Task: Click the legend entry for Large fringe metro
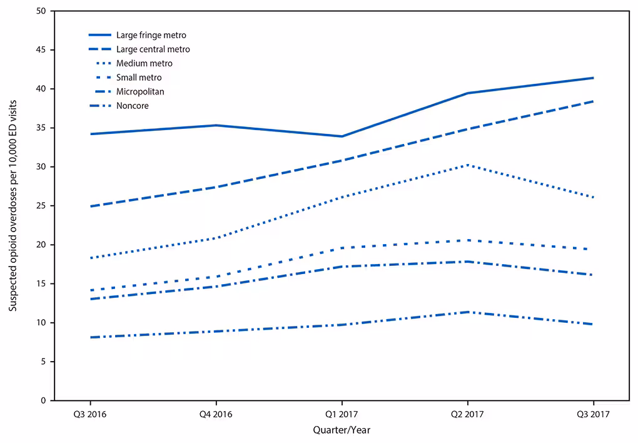click(x=151, y=35)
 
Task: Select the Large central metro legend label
click(x=153, y=49)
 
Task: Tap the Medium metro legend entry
click(x=144, y=63)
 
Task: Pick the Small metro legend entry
click(x=139, y=78)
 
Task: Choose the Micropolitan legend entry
click(x=140, y=91)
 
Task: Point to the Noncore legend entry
click(x=132, y=105)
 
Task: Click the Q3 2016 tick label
click(x=91, y=414)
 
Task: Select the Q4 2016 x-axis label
click(x=216, y=414)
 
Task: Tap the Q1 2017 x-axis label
click(x=342, y=414)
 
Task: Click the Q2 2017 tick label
click(x=467, y=414)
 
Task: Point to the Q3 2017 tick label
click(x=592, y=414)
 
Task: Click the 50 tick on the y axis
click(x=41, y=11)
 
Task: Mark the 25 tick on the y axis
click(x=41, y=206)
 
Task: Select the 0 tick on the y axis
click(x=44, y=400)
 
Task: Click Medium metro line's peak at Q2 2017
click(x=467, y=165)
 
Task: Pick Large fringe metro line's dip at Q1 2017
click(x=342, y=136)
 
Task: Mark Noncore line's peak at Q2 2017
click(x=467, y=312)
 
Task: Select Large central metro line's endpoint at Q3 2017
click(x=592, y=101)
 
